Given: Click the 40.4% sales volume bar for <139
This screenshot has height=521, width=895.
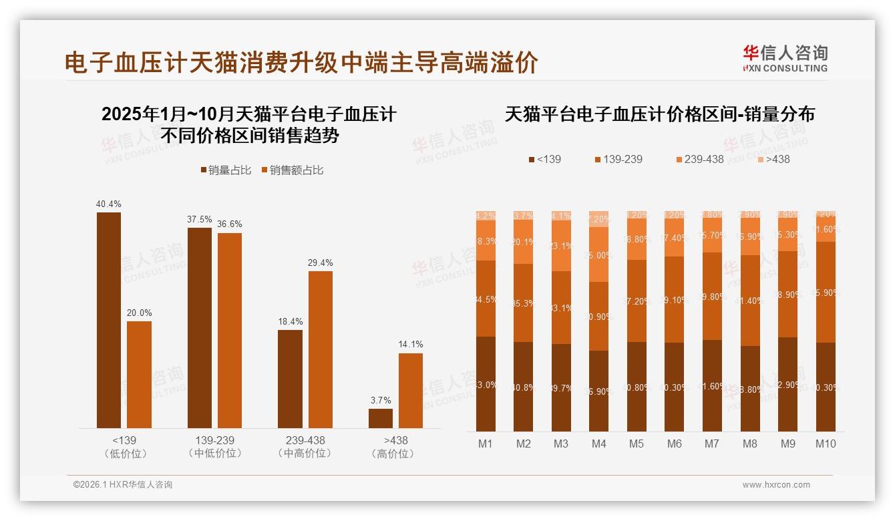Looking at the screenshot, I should [109, 320].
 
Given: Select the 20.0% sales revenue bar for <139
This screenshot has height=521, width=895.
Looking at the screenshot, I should [139, 375].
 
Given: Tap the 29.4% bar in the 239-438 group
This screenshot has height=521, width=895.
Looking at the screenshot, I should [320, 349].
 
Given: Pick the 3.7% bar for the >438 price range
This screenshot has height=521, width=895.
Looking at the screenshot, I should [381, 418].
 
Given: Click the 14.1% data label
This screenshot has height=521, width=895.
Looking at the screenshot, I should [411, 345].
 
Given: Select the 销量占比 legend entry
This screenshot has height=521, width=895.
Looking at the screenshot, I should [225, 170].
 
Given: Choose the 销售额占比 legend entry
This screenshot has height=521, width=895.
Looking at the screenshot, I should [292, 170].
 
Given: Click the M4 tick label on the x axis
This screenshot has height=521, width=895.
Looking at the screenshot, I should [599, 444].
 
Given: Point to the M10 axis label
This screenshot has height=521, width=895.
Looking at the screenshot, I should [826, 444].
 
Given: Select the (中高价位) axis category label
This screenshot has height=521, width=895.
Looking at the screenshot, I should [305, 454].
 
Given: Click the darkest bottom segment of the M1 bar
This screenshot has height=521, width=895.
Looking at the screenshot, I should [486, 384].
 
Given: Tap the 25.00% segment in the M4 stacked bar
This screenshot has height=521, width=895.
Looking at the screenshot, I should [599, 254].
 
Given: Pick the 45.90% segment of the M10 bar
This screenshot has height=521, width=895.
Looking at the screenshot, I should [826, 292].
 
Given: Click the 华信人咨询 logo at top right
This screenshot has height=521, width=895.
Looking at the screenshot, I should [785, 58].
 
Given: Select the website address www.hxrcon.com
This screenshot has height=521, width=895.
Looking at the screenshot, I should [776, 485].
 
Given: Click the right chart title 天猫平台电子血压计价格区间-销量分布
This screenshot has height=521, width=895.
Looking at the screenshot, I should [659, 114].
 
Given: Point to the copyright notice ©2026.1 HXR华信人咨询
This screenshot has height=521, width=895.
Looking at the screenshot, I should [123, 485].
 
